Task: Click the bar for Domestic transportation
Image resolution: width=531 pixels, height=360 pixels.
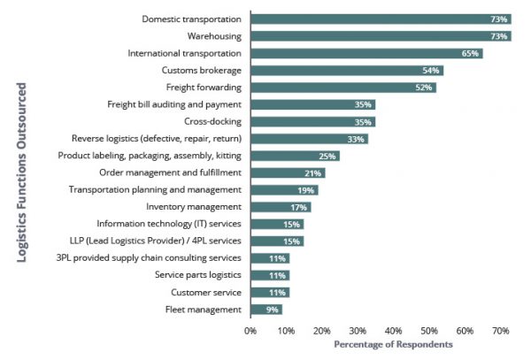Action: (381, 19)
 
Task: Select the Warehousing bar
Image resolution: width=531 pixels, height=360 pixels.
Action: (381, 36)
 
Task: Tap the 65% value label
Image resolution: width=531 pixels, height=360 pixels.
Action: (471, 53)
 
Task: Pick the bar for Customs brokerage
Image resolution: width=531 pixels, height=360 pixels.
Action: (347, 70)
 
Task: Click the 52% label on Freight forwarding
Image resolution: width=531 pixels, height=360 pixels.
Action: (425, 88)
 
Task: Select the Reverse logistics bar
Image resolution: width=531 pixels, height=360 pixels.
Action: (309, 139)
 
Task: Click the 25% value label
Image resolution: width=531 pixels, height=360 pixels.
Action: (327, 156)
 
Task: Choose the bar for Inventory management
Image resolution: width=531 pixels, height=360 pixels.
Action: (281, 207)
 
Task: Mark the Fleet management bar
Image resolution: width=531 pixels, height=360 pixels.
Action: (266, 310)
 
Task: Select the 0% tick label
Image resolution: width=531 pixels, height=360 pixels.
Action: (250, 331)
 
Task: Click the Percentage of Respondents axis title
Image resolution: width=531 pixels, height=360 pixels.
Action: (393, 344)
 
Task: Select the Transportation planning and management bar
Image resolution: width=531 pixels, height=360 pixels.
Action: (284, 190)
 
